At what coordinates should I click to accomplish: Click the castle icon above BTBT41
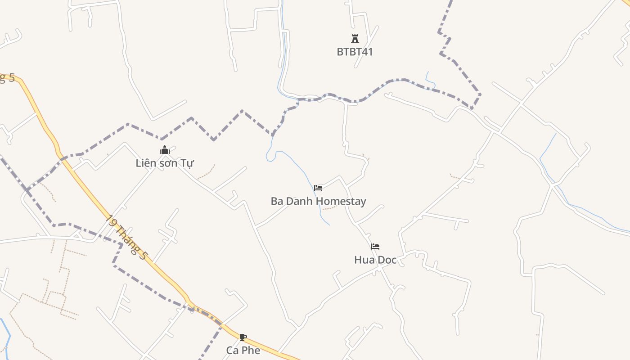(355, 39)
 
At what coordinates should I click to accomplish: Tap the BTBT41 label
(355, 52)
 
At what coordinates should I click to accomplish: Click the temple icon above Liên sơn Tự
(165, 150)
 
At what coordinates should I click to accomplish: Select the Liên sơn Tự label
(165, 163)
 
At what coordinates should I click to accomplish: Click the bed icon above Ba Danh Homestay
(318, 188)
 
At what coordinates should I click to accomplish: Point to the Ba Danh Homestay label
(318, 201)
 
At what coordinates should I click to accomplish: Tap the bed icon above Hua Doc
(375, 247)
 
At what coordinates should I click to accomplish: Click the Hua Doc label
(375, 260)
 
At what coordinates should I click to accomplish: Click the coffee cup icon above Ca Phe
(243, 337)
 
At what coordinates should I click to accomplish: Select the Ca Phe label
(243, 350)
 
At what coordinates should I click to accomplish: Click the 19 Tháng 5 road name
(127, 237)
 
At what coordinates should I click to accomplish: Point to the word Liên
(146, 163)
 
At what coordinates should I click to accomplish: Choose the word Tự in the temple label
(187, 163)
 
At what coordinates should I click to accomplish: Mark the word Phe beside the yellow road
(251, 350)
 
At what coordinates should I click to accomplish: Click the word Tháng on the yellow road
(128, 238)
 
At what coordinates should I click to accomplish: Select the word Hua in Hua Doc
(364, 260)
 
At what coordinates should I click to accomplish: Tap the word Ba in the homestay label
(277, 201)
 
